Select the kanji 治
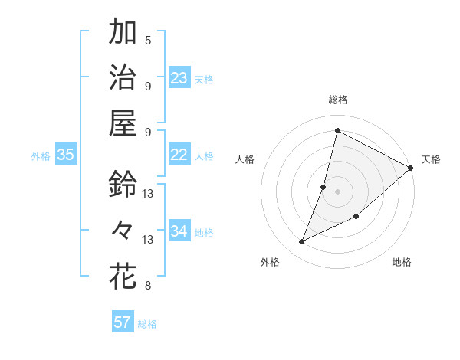pos(123,78)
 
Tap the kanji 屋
pos(123,123)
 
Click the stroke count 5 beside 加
pos(148,41)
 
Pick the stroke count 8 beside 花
pos(148,286)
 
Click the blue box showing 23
pos(179,78)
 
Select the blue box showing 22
pos(179,155)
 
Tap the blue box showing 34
pos(179,231)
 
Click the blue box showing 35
pos(66,155)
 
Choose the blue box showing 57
pos(123,322)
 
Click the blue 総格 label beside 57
pos(147,324)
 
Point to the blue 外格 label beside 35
pos(41,156)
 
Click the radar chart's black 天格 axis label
pos(431,159)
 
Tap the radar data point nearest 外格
pos(302,242)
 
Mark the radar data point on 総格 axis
pos(337,130)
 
